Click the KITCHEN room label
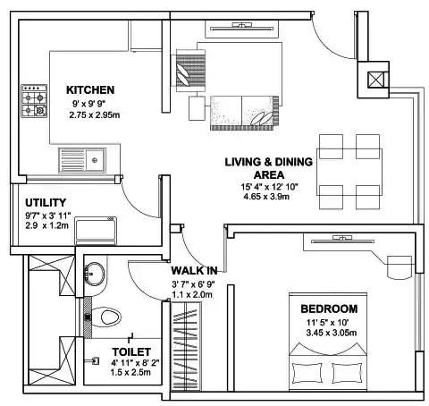90,89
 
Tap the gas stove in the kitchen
34,101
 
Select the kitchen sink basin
82,160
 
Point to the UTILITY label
46,203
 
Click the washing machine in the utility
96,230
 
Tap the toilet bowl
106,317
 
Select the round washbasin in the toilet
95,275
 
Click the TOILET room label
131,352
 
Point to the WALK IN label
194,271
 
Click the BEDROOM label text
329,309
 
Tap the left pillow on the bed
307,373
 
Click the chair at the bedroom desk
400,267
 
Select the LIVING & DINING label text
269,162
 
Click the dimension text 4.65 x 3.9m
266,197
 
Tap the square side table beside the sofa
197,108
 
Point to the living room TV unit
241,29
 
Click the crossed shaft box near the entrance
376,80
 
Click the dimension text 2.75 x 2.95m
95,114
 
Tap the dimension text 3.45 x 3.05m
332,333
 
